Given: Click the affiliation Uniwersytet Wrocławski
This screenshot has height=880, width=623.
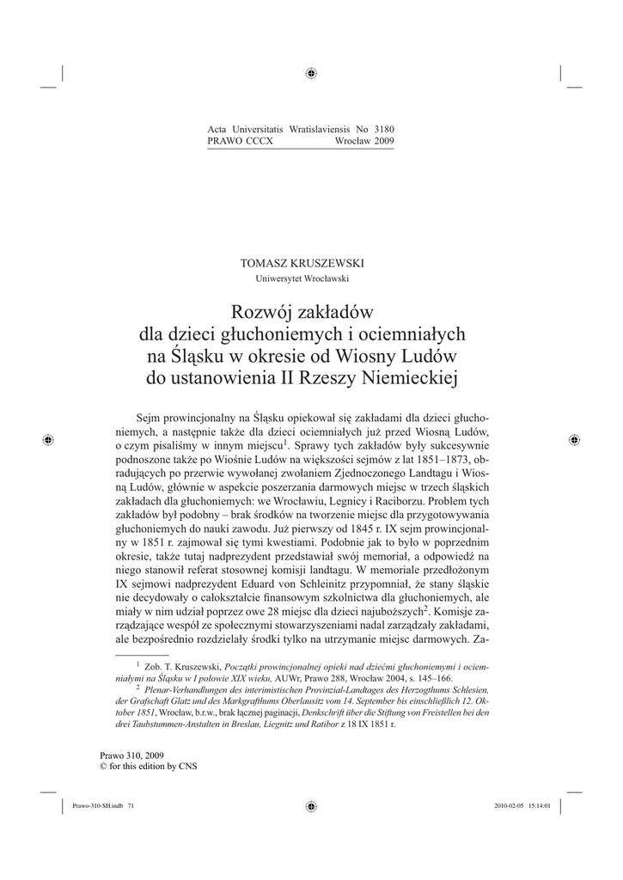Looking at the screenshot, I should click(311, 278).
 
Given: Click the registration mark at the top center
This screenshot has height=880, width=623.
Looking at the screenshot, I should click(311, 73).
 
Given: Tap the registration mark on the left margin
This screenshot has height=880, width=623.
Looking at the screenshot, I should click(49, 439).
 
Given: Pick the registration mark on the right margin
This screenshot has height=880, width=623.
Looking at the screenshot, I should click(574, 439).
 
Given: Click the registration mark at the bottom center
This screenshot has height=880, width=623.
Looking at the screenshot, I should click(311, 806).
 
